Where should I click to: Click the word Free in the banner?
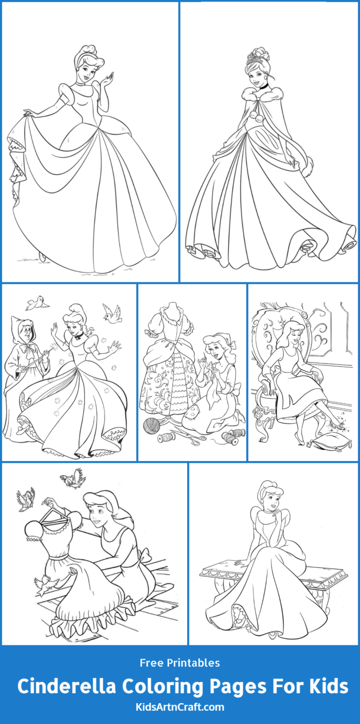[x=151, y=663]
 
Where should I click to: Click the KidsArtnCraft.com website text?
[x=180, y=707]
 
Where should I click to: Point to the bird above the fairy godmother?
[x=38, y=303]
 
